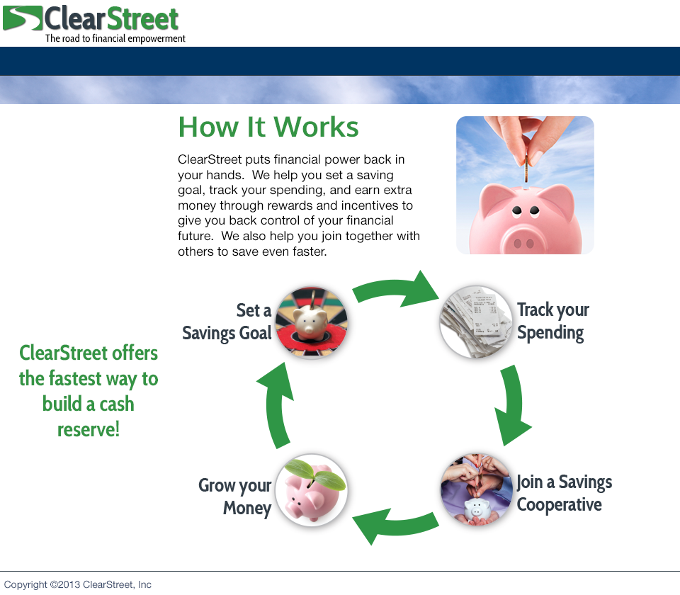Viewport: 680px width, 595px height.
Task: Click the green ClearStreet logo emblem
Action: pos(22,18)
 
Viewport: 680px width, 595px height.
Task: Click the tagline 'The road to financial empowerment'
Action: pos(115,38)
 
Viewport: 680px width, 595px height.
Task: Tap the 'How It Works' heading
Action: pos(268,127)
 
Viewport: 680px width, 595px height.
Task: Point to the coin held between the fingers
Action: pos(526,169)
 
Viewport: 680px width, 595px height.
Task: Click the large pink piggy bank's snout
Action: pos(523,242)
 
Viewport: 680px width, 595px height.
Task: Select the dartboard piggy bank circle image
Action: pos(312,322)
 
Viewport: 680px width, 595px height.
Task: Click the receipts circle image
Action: pos(476,322)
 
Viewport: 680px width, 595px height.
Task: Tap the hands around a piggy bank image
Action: pos(476,489)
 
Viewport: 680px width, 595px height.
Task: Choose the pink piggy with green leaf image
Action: pos(312,490)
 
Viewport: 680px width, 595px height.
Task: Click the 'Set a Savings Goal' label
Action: pos(227,322)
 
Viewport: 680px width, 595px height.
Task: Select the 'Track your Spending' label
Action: pos(553,322)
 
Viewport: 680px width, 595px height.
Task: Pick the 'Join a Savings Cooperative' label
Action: pos(565,493)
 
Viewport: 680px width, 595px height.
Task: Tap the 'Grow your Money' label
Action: pos(235,497)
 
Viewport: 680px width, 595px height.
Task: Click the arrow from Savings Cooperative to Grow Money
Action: pos(395,524)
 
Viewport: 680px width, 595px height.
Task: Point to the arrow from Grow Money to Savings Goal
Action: pos(276,405)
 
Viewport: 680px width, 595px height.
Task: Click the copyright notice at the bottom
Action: pos(78,584)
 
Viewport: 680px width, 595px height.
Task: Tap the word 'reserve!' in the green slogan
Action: pos(89,429)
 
